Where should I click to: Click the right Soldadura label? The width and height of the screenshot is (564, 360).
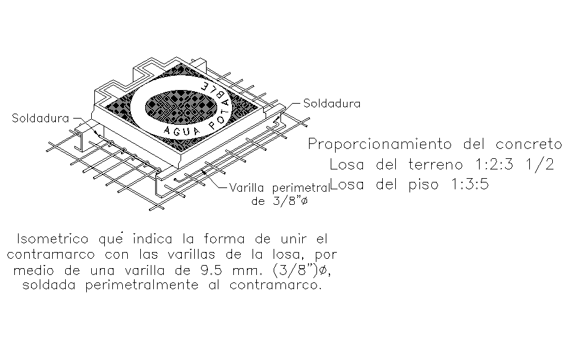click(x=331, y=104)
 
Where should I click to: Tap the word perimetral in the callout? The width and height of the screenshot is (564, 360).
click(x=297, y=188)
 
